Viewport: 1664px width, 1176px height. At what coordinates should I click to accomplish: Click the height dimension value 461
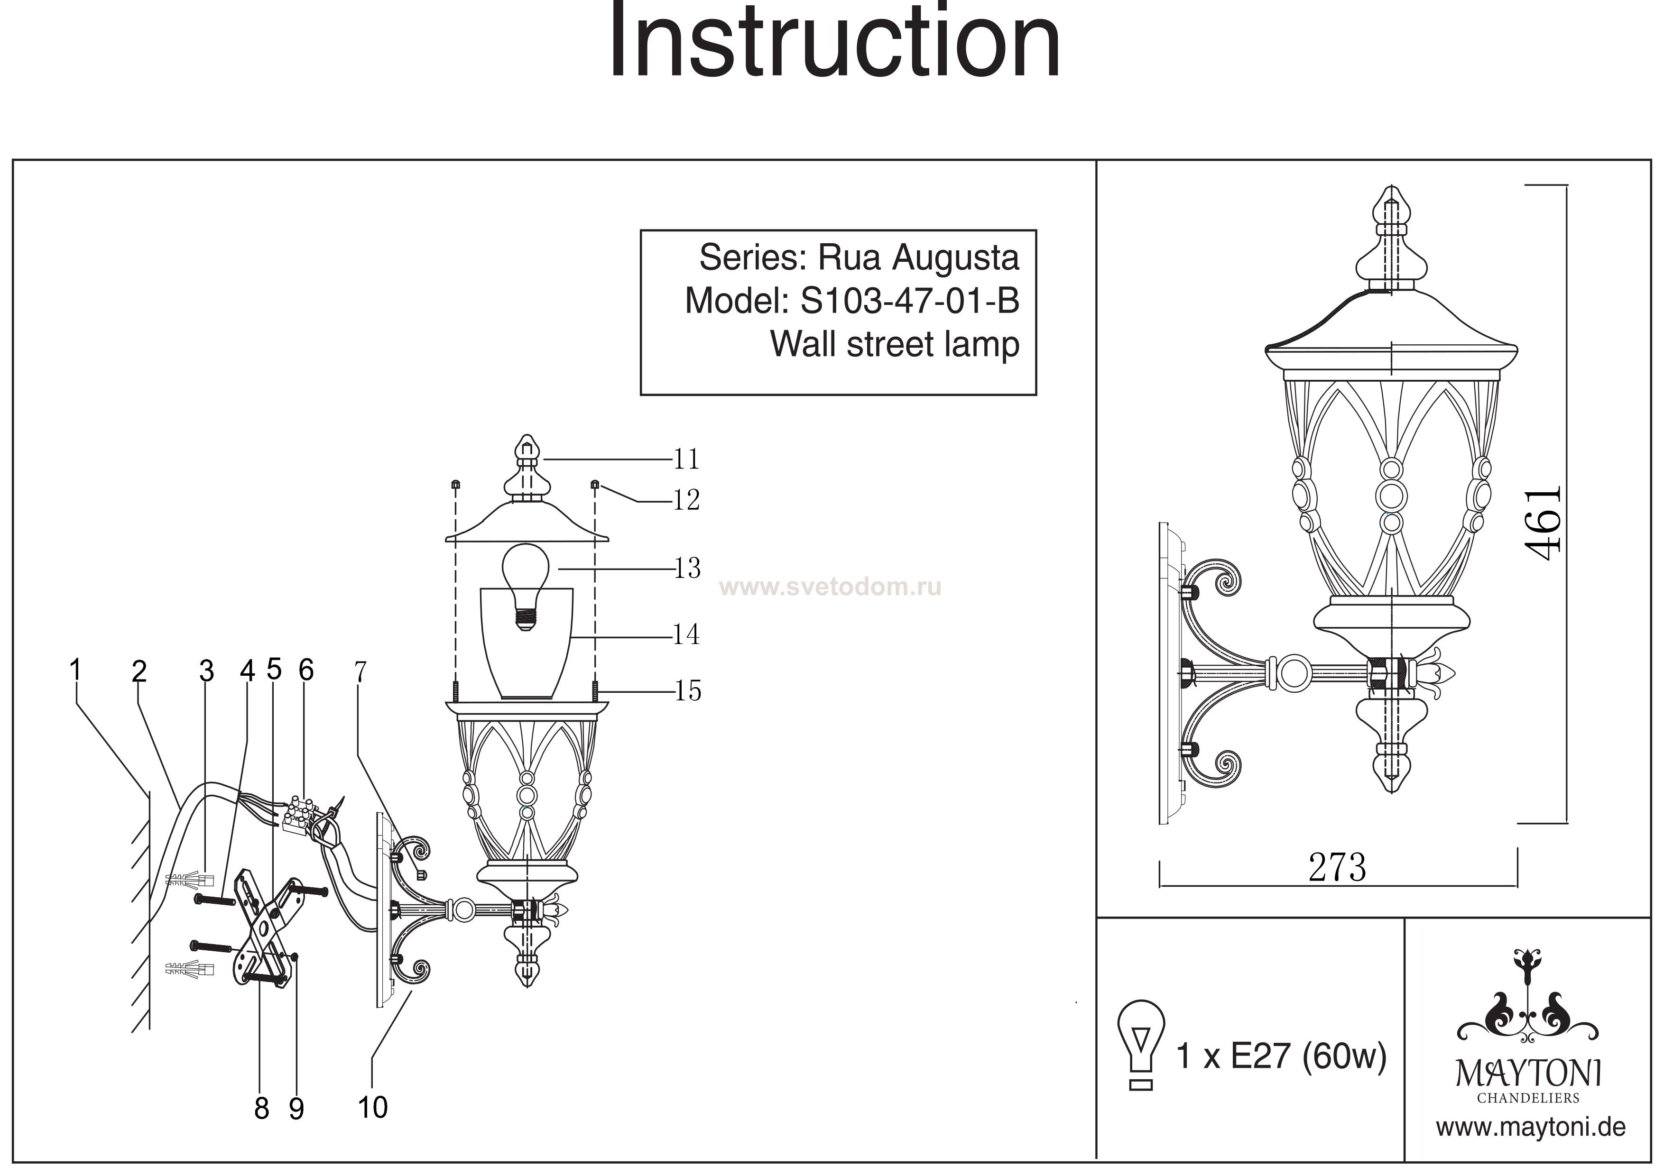pyautogui.click(x=1543, y=523)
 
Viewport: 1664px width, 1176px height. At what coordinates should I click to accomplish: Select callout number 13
pyautogui.click(x=686, y=568)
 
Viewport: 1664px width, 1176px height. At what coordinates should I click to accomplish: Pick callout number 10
pyautogui.click(x=372, y=1107)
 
